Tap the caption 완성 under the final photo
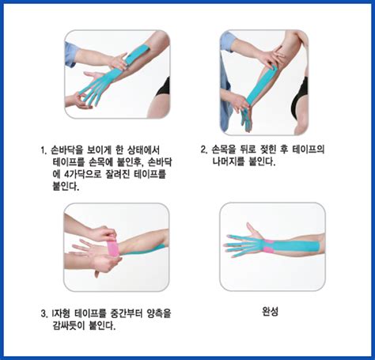[271, 311]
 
